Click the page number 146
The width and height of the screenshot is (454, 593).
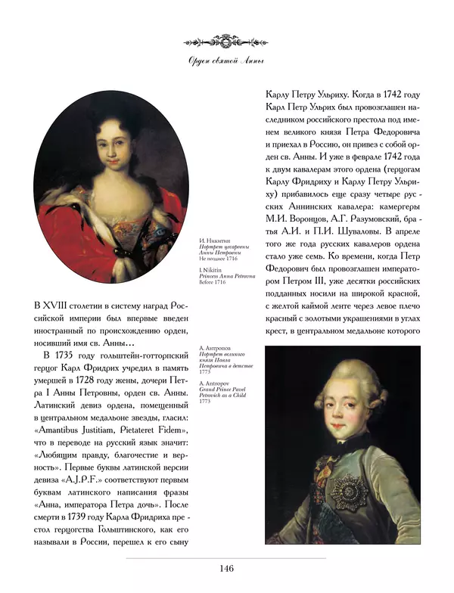[x=226, y=569]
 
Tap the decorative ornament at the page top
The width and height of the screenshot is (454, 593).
[x=226, y=39]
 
